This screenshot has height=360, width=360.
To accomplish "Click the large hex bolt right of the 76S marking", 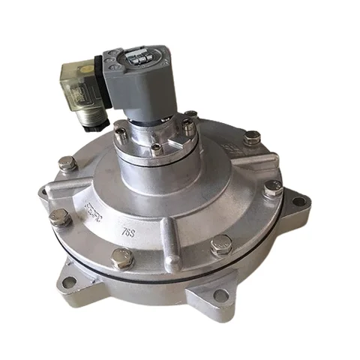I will coord(222,244).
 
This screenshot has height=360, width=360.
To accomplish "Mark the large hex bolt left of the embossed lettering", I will coord(60,218).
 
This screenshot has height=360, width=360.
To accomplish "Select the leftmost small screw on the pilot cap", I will coord(121,135).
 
